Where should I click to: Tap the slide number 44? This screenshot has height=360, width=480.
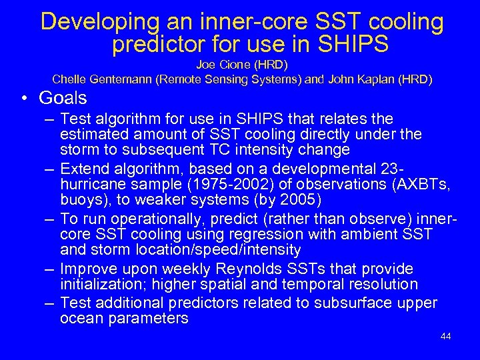click(x=446, y=336)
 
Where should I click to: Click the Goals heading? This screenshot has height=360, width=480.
click(x=63, y=98)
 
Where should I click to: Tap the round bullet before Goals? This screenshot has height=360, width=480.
click(x=25, y=99)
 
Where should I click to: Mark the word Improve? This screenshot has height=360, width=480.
click(x=87, y=269)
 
